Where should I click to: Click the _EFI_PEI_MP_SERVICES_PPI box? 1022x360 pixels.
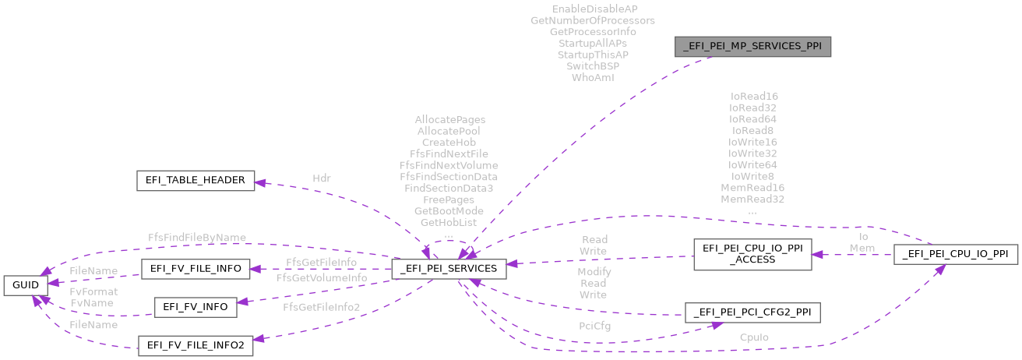pos(753,47)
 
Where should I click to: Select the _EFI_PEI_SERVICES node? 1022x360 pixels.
pos(449,269)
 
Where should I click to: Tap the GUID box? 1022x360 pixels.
pos(25,285)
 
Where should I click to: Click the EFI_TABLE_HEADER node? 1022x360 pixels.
pos(195,181)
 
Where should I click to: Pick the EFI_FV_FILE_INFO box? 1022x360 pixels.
pos(196,269)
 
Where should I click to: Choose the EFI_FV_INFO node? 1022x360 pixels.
pos(195,307)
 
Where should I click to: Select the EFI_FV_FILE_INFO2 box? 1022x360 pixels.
pos(195,344)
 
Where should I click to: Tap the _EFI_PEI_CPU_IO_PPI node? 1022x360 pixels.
pos(955,254)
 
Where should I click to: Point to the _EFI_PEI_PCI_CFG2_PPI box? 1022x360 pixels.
pos(752,313)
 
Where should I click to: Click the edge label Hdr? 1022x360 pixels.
pos(321,178)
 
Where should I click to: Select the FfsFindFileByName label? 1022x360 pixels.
pos(197,237)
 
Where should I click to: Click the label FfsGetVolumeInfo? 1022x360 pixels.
pos(322,277)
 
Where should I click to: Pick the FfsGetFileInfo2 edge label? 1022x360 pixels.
pos(322,307)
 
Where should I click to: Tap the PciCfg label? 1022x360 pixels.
pos(594,326)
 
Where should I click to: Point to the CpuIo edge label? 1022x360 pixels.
pos(753,337)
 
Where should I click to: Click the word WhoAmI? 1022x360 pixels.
pos(593,78)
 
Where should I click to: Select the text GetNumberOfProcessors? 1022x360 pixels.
pos(593,19)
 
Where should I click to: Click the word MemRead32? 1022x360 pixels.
pos(752,199)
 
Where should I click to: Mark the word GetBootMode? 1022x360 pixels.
pos(449,211)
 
